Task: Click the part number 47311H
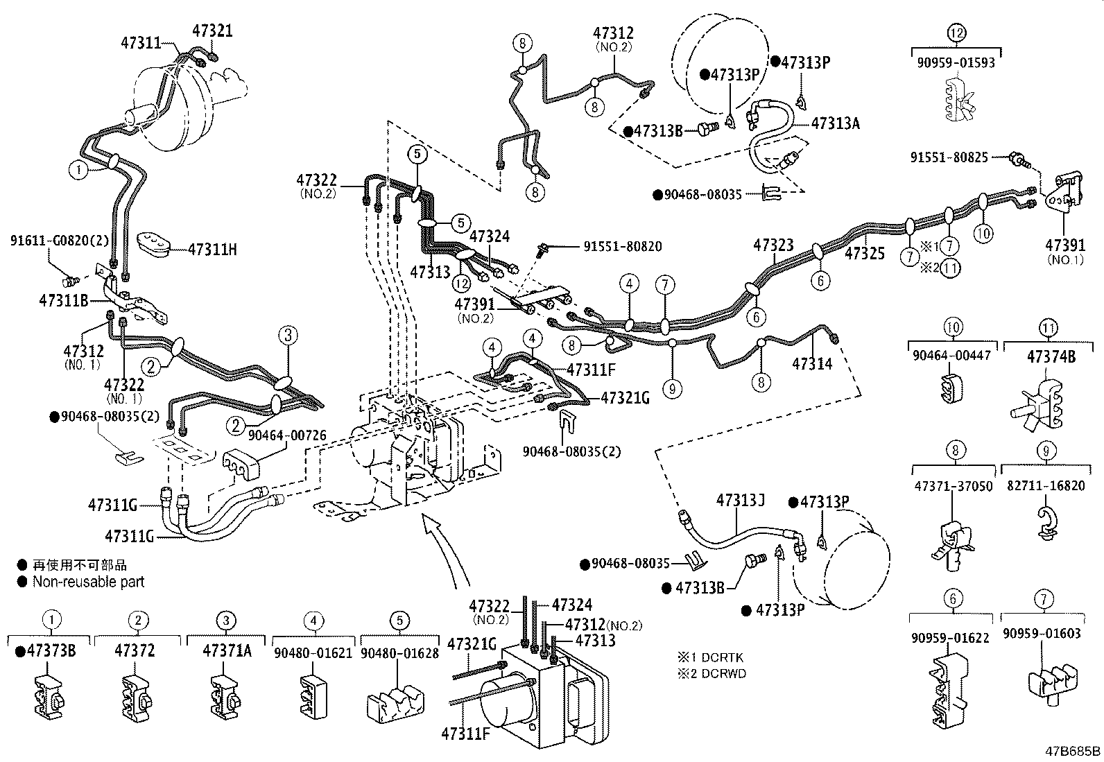(212, 250)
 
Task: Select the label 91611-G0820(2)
(60, 241)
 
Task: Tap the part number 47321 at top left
(212, 31)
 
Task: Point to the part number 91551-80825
(949, 157)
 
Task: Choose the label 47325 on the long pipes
(865, 254)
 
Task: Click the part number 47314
(812, 363)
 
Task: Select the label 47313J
(740, 500)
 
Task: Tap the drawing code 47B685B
(1073, 751)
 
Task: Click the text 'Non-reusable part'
(88, 582)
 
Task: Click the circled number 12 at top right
(956, 33)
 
